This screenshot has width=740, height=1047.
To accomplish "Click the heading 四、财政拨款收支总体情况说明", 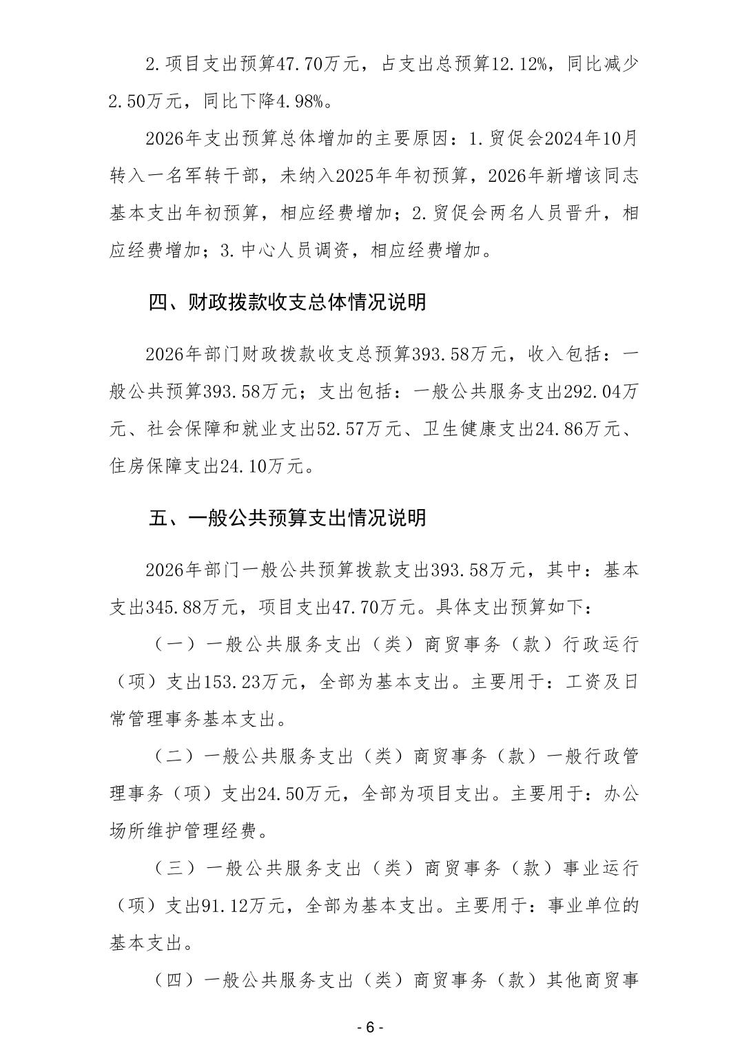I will click(x=287, y=302).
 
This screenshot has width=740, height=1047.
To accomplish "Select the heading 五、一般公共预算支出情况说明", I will click(x=287, y=517).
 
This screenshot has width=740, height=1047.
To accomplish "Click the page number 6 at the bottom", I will click(x=369, y=1027).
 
